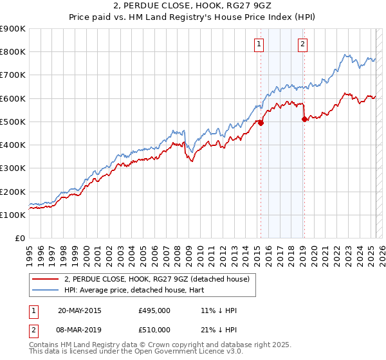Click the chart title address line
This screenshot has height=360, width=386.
point(193,6)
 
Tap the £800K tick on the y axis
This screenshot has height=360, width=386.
point(13,52)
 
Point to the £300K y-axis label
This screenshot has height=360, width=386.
point(13,168)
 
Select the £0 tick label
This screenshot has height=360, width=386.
point(19,239)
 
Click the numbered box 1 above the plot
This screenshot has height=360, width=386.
point(258,44)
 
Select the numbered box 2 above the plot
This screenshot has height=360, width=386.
point(302,44)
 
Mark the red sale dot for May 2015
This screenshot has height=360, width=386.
point(261,123)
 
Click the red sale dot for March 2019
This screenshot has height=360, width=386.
point(304,119)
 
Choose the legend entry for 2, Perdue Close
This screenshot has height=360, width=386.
point(161,278)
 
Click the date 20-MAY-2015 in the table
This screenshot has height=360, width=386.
point(79,310)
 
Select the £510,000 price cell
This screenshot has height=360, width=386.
point(154,330)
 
